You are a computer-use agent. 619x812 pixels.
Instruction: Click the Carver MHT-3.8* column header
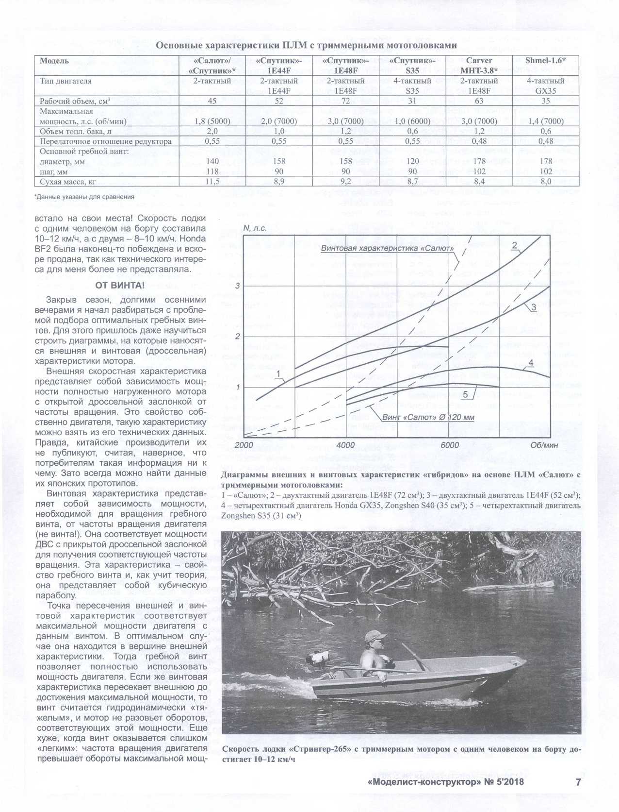tap(479, 66)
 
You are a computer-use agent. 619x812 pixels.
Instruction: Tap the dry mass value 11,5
tap(212, 182)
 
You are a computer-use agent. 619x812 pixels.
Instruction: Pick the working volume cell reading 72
tap(346, 101)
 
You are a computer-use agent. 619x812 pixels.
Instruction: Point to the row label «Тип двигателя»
tap(65, 81)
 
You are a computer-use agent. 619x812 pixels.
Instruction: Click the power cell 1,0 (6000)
tap(412, 121)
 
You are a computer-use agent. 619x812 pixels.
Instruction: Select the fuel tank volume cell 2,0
tap(212, 131)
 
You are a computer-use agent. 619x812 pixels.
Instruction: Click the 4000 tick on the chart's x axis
tap(345, 445)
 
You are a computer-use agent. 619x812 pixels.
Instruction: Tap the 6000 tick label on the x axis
tap(450, 445)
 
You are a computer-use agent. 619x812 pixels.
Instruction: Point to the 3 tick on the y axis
tap(238, 286)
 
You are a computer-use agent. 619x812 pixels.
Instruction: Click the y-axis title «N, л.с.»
tap(255, 228)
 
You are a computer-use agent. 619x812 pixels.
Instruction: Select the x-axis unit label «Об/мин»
tap(544, 445)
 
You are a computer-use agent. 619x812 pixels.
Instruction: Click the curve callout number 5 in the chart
tap(465, 394)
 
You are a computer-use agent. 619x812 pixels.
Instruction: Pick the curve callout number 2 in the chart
tap(514, 246)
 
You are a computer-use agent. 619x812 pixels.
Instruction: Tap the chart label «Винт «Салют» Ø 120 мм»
tap(428, 417)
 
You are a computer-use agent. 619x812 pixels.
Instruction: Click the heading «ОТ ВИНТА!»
tap(120, 285)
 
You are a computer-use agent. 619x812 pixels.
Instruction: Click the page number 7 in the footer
tap(578, 782)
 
